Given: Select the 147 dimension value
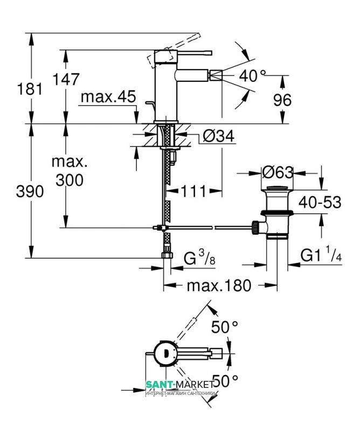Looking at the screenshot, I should tap(67, 79).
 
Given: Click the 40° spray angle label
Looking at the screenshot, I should tap(252, 76).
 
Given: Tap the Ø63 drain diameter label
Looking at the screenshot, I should tap(277, 172).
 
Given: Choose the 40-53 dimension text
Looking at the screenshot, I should tap(320, 203).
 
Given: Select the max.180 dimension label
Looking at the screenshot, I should tap(219, 286).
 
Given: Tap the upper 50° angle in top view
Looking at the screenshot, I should tap(225, 327).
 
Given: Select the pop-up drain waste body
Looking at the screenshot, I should tap(277, 212).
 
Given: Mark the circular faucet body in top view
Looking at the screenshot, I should tap(166, 353).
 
